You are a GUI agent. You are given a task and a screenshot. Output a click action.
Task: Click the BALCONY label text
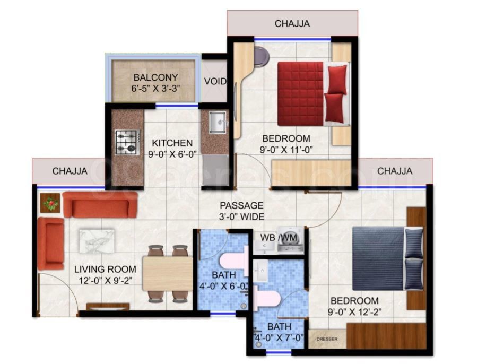click(x=155, y=77)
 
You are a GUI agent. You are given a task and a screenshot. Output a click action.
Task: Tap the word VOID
click(x=215, y=82)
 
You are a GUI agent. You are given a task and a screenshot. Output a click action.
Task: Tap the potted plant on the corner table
click(x=51, y=202)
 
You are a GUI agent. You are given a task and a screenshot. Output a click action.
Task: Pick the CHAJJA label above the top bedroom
click(x=292, y=23)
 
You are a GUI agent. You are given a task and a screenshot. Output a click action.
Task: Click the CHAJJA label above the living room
click(x=70, y=171)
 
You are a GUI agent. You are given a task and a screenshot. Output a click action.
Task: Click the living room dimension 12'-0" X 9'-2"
click(x=105, y=281)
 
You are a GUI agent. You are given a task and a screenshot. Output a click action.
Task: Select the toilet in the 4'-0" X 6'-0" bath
click(x=233, y=261)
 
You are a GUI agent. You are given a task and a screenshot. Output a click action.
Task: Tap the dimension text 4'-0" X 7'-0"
click(x=279, y=337)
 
